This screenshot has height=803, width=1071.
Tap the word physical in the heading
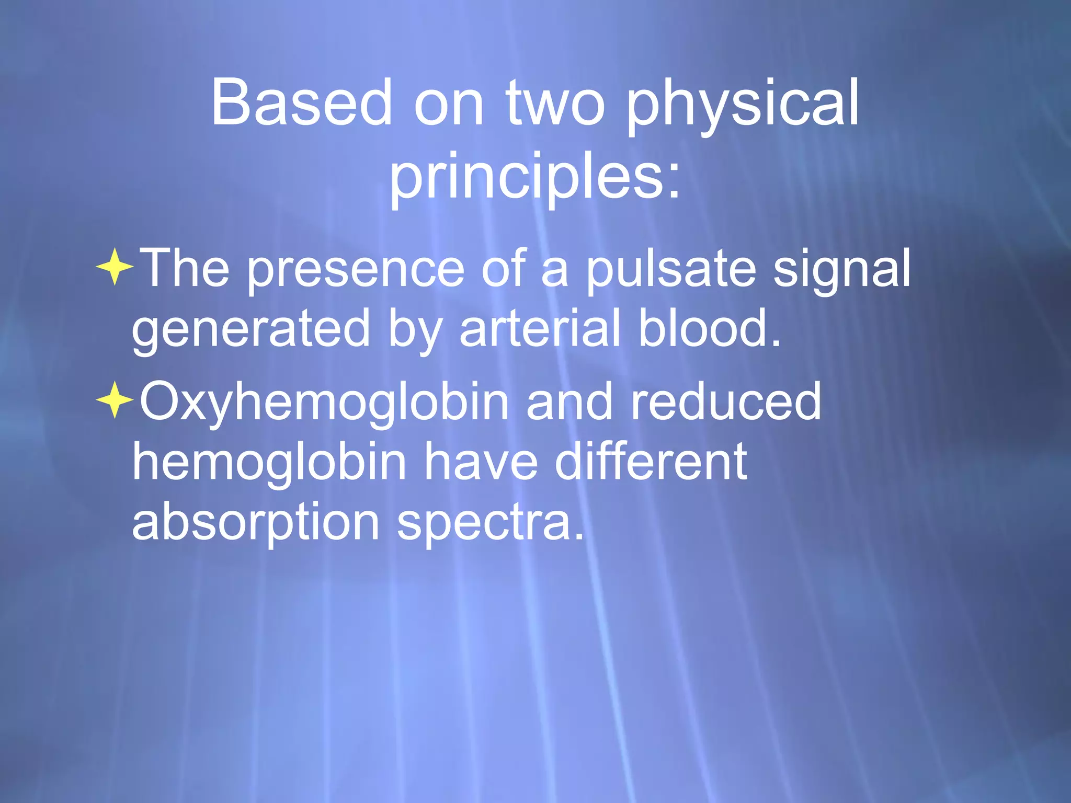[743, 105]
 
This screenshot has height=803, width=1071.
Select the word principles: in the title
[535, 178]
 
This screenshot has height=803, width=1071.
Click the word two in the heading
[555, 104]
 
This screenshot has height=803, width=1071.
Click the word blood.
[710, 328]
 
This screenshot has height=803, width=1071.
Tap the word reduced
[726, 401]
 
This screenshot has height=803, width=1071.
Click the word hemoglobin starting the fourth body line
[269, 462]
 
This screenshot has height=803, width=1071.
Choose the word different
[651, 462]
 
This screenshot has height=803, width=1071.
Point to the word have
[481, 462]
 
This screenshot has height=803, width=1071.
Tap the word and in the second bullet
[569, 401]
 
